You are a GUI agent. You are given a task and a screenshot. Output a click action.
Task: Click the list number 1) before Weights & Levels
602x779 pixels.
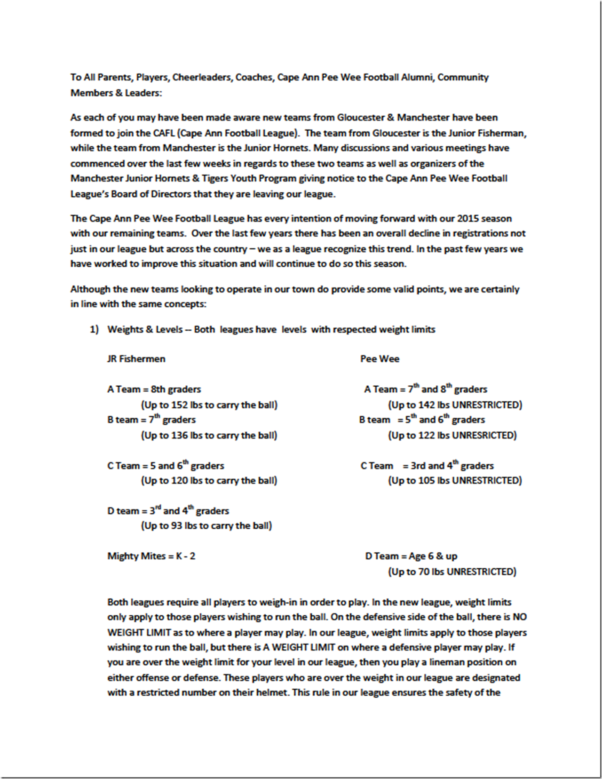pos(94,329)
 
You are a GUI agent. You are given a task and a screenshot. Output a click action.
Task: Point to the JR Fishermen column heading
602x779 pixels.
pos(136,359)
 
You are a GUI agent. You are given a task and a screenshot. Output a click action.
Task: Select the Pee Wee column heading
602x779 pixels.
pos(380,359)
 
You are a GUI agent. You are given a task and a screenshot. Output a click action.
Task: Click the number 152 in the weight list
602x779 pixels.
pos(180,405)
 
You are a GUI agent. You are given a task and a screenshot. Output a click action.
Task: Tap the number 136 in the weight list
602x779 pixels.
pos(180,435)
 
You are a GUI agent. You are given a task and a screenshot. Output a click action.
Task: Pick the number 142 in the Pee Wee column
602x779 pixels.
pos(427,405)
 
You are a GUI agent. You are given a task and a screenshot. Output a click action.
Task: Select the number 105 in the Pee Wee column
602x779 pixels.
pos(427,480)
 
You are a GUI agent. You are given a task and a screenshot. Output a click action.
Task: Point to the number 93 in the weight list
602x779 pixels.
pos(177,525)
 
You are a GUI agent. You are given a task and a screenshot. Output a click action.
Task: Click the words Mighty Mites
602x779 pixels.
pos(136,556)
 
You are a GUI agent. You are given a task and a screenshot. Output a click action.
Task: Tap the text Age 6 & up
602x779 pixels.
pos(433,556)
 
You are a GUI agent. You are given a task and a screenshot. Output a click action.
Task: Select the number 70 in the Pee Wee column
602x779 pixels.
pos(424,572)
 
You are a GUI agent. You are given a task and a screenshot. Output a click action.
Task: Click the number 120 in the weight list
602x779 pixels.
pos(180,480)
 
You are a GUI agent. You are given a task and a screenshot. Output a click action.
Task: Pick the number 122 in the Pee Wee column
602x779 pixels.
pos(427,435)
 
